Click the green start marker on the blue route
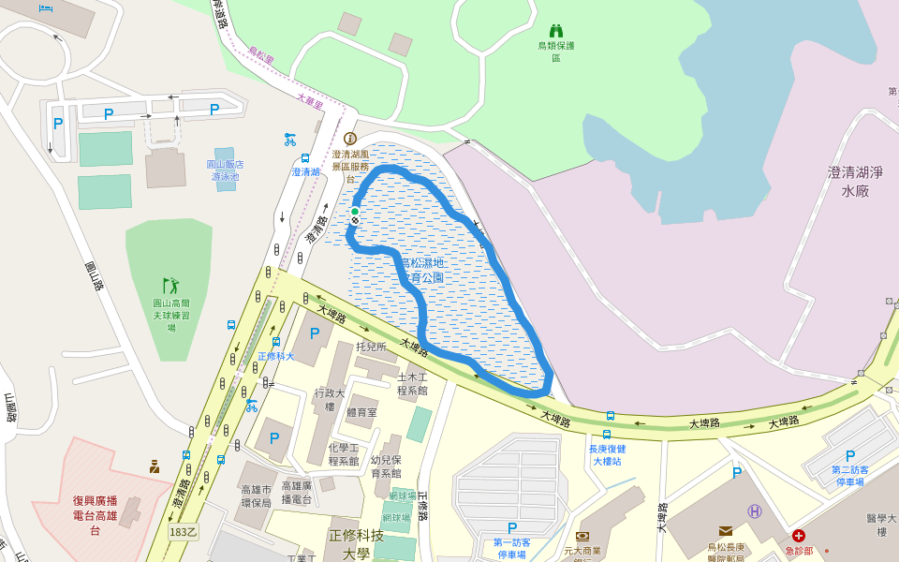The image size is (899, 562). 355,212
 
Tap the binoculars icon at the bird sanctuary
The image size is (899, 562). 556,30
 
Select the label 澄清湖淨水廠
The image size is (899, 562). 855,181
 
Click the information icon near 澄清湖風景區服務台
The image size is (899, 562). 350,138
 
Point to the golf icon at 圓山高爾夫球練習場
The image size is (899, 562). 169,285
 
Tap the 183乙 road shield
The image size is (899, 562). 184,531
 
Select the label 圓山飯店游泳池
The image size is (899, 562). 224,170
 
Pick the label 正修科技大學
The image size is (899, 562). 356,543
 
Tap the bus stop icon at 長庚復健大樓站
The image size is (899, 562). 608,434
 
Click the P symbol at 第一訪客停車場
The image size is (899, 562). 511,528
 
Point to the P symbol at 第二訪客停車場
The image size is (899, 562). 849,456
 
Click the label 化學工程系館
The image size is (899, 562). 344,454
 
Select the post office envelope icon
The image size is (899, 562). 725,531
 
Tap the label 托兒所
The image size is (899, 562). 371,347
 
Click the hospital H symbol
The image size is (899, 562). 755,510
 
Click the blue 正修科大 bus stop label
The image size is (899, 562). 276,356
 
